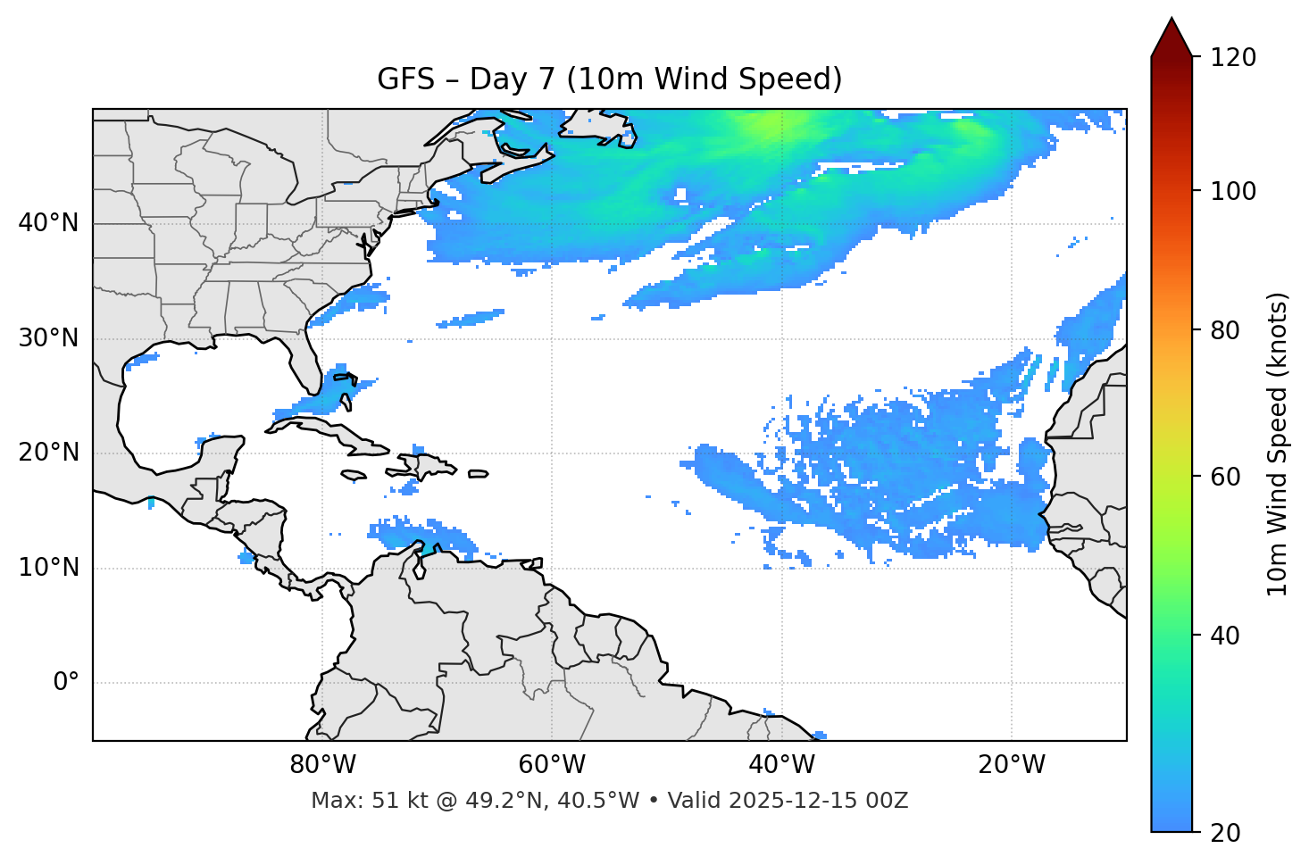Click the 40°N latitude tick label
pos(48,223)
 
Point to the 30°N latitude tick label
pos(48,338)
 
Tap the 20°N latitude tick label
pos(48,453)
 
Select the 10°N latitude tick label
pos(48,568)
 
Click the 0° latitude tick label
pos(66,683)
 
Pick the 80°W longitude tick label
pos(322,765)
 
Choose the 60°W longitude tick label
pos(552,765)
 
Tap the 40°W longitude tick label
pos(782,765)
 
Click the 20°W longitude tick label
pos(1012,765)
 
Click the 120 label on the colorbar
pos(1232,58)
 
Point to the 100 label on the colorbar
pos(1232,191)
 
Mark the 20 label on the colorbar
pos(1226,833)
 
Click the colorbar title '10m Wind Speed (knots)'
pos(1278,444)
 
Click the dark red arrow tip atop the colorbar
pos(1171,36)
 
